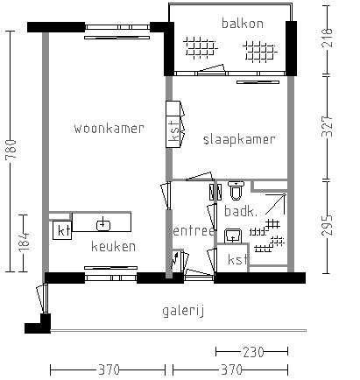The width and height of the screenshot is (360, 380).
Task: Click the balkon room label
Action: pyautogui.click(x=242, y=23)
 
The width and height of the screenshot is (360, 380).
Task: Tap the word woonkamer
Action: pyautogui.click(x=109, y=129)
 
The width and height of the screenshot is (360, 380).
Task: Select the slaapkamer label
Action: pyautogui.click(x=239, y=139)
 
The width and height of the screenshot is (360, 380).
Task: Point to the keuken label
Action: pyautogui.click(x=113, y=247)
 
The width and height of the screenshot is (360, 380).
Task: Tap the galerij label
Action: pyautogui.click(x=183, y=311)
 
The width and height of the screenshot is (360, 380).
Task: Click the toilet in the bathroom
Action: pyautogui.click(x=235, y=189)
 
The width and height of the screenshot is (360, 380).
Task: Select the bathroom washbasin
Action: pyautogui.click(x=233, y=235)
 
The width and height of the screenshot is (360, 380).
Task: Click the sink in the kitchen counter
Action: pyautogui.click(x=103, y=222)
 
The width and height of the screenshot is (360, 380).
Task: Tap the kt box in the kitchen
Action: pyautogui.click(x=62, y=231)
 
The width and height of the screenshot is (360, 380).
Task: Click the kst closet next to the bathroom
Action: pyautogui.click(x=236, y=260)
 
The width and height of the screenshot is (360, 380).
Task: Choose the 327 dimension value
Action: pyautogui.click(x=329, y=127)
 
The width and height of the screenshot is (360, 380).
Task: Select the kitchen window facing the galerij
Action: pyautogui.click(x=109, y=278)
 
